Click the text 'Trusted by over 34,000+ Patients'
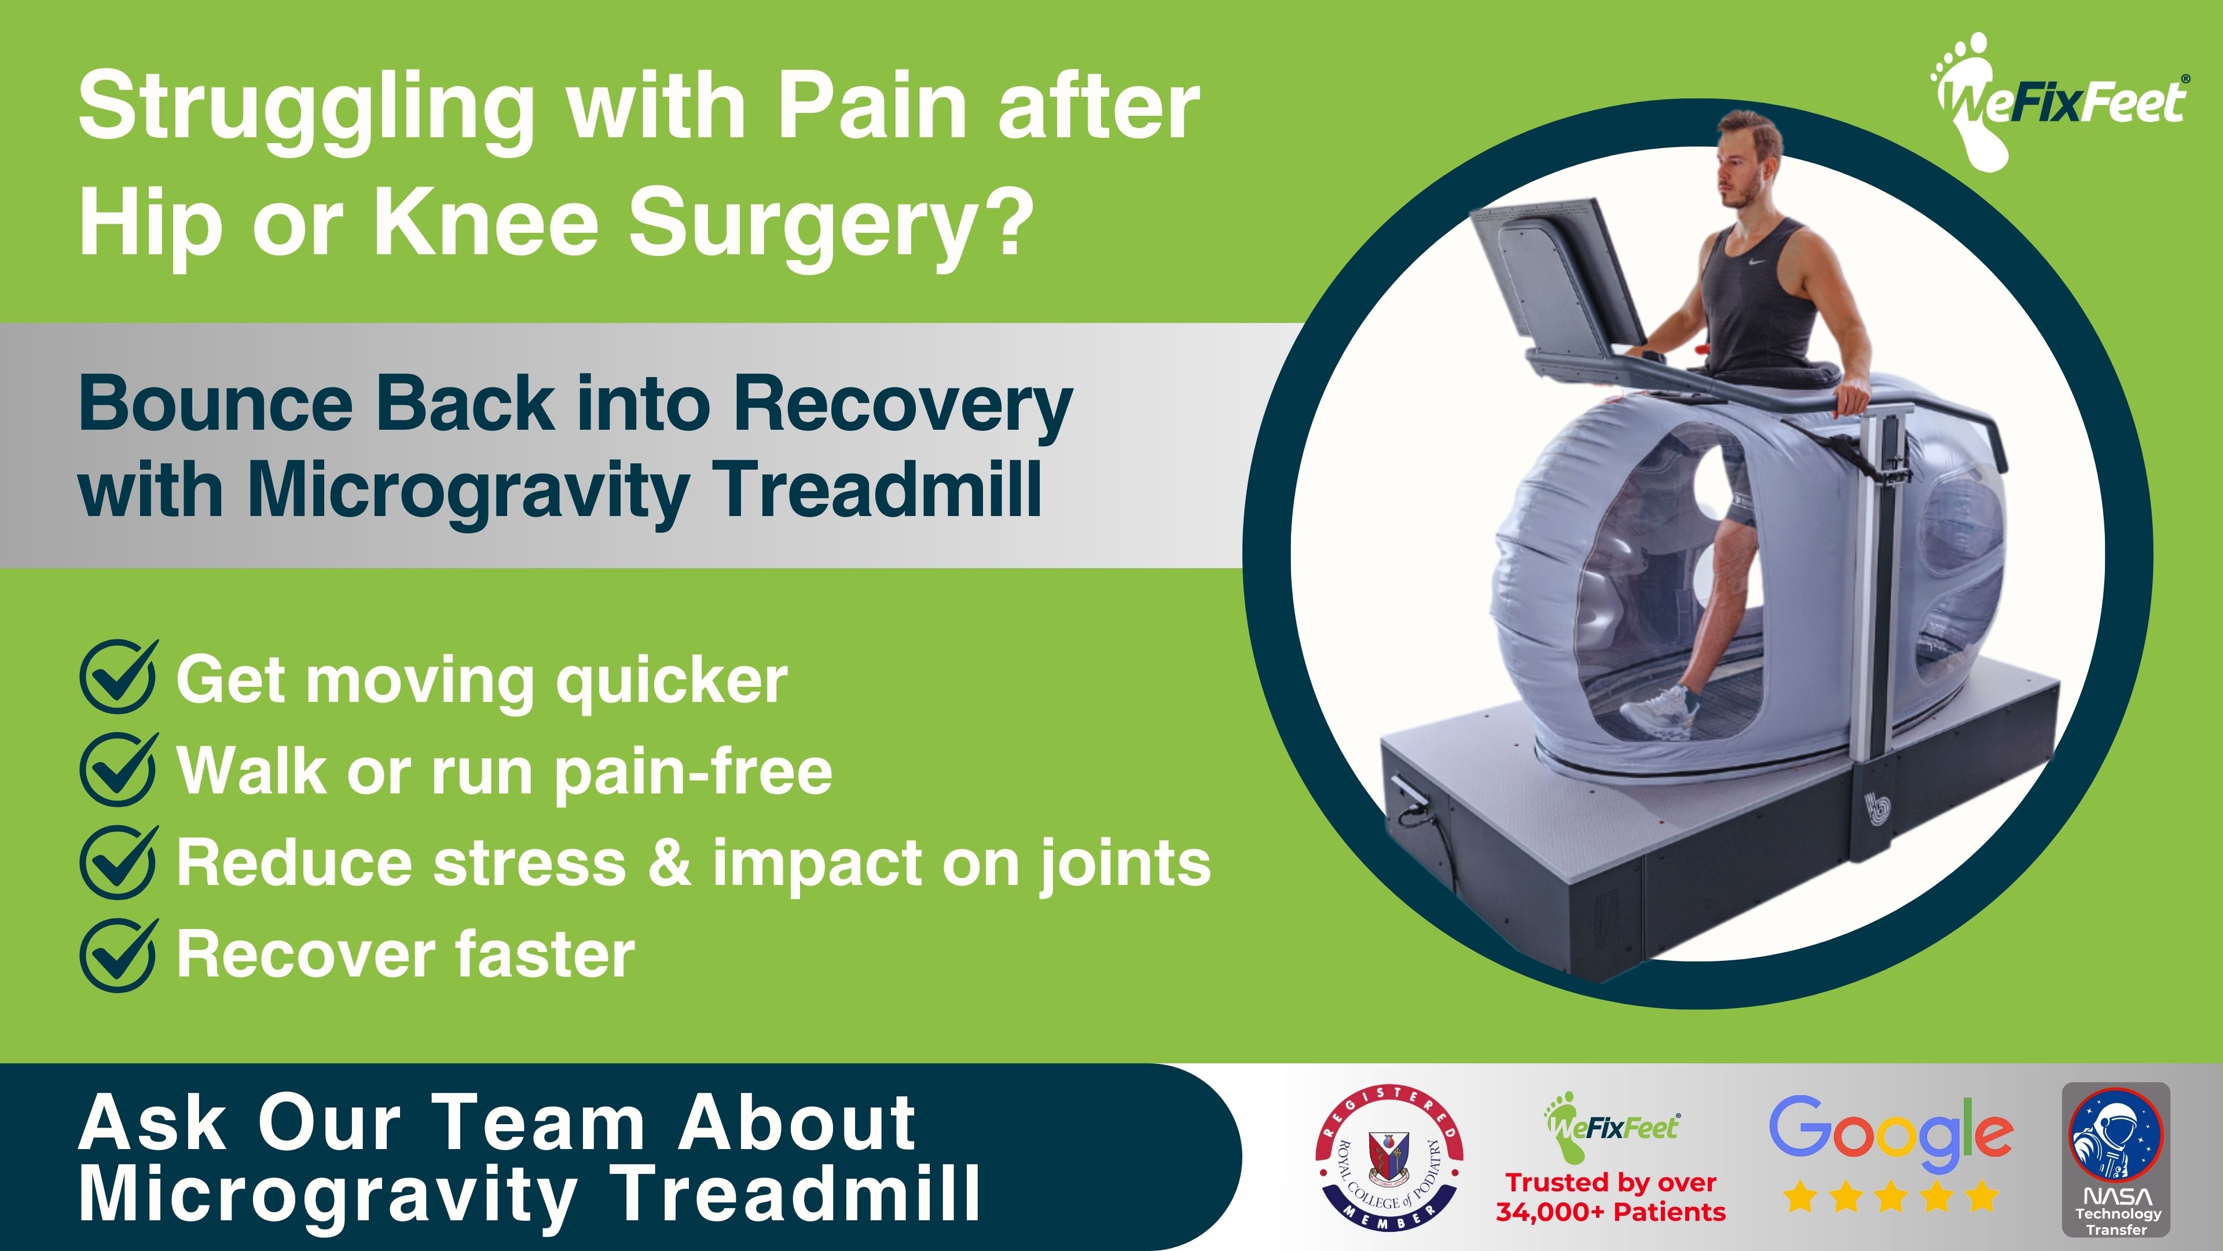click(1611, 1197)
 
